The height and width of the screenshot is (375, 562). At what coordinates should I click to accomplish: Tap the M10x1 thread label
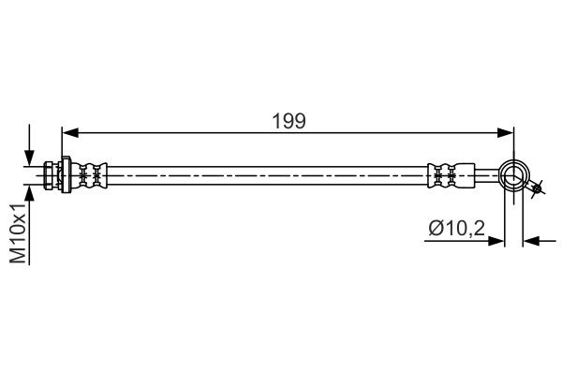pos(18,229)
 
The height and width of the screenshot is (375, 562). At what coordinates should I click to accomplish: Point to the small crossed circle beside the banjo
pos(536,190)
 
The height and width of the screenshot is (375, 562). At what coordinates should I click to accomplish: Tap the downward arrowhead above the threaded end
pos(31,157)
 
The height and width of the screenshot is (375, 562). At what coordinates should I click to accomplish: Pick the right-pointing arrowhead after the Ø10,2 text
pos(497,241)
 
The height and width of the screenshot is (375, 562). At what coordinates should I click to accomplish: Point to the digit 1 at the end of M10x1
pos(18,202)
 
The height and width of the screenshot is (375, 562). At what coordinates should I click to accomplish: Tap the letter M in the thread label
pos(18,255)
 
